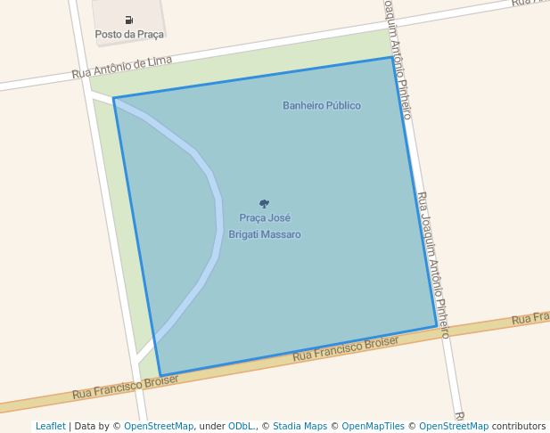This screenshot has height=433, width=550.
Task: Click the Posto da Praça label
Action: coord(129,34)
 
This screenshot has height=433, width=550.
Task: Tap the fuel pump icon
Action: coord(129,20)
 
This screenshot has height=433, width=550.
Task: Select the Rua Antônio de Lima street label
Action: coord(122,67)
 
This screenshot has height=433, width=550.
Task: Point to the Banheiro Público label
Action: coord(322,105)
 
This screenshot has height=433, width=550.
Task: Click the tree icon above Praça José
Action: coord(264,204)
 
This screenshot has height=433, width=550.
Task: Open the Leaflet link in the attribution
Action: coord(50,426)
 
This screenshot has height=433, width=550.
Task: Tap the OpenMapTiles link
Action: coord(374,426)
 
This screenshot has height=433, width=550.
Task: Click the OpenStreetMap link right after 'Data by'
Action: coord(159,426)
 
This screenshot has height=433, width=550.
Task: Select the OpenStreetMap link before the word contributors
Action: coord(454,426)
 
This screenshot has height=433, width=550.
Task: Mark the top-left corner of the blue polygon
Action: coord(114,98)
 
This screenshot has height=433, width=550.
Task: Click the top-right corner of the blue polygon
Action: coord(391,57)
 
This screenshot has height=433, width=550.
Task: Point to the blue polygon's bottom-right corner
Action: coord(437,326)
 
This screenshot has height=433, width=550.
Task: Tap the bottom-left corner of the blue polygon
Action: coord(160,375)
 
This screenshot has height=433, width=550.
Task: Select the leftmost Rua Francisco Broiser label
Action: coord(126,386)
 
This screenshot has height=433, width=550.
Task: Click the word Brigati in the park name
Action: coord(243,234)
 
